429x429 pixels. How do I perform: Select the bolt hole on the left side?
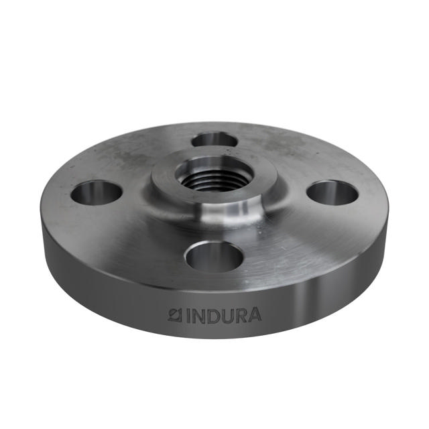click(x=96, y=192)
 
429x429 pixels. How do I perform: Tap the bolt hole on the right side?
click(x=332, y=192)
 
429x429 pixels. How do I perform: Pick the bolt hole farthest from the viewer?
click(x=214, y=139)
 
